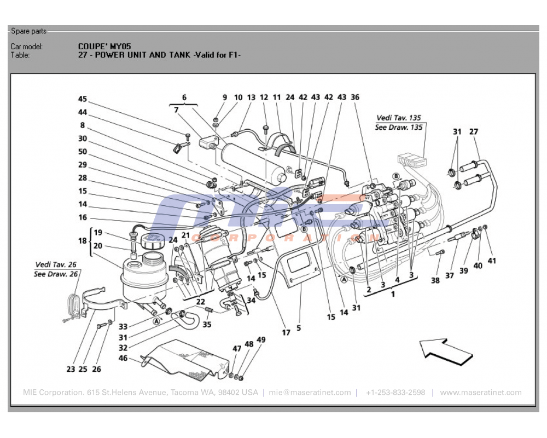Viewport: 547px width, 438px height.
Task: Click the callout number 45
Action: pos(83,99)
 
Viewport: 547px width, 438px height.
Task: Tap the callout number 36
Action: pos(355,97)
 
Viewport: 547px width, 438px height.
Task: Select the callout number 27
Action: pos(474,131)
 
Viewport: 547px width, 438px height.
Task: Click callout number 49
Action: pos(261,340)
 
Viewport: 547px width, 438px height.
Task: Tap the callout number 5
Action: pos(299,328)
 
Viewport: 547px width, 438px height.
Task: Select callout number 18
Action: pos(83,240)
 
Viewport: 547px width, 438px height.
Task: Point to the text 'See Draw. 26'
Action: pos(56,274)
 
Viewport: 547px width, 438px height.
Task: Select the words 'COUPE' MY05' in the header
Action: pos(104,47)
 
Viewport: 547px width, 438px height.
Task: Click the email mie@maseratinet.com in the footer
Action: pos(310,393)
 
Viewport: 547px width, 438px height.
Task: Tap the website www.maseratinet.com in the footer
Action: pos(480,393)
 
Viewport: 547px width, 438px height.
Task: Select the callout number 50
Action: pos(83,152)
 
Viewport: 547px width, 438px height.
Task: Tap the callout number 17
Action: pos(286,332)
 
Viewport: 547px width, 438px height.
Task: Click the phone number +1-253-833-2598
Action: pos(395,393)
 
